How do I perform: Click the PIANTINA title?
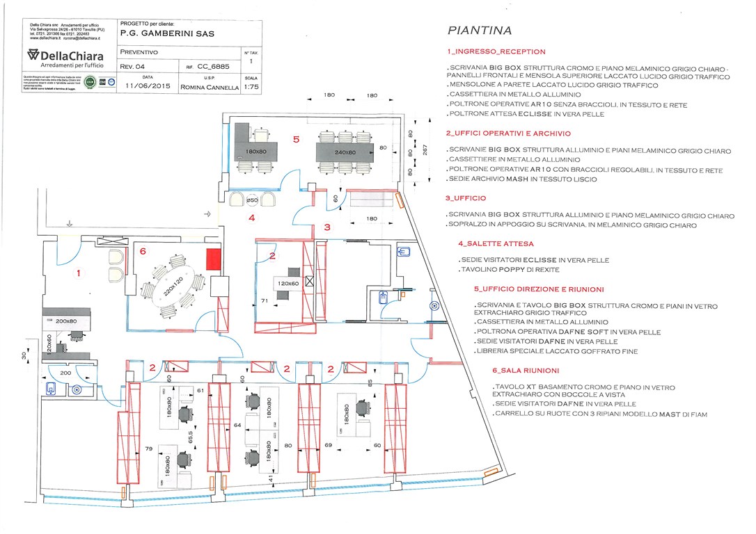(x=480, y=31)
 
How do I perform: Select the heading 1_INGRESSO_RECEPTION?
(x=496, y=51)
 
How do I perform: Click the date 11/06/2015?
(x=148, y=87)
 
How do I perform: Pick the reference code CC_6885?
(x=214, y=67)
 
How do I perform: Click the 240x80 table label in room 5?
(x=345, y=152)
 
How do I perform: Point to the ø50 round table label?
(x=253, y=200)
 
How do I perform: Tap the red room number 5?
(x=296, y=139)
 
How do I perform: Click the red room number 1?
(x=79, y=273)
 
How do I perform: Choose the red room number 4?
(x=253, y=218)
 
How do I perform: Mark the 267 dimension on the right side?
(x=424, y=149)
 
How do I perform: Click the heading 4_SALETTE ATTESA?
(x=496, y=244)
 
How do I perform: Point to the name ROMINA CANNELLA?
(x=209, y=88)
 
